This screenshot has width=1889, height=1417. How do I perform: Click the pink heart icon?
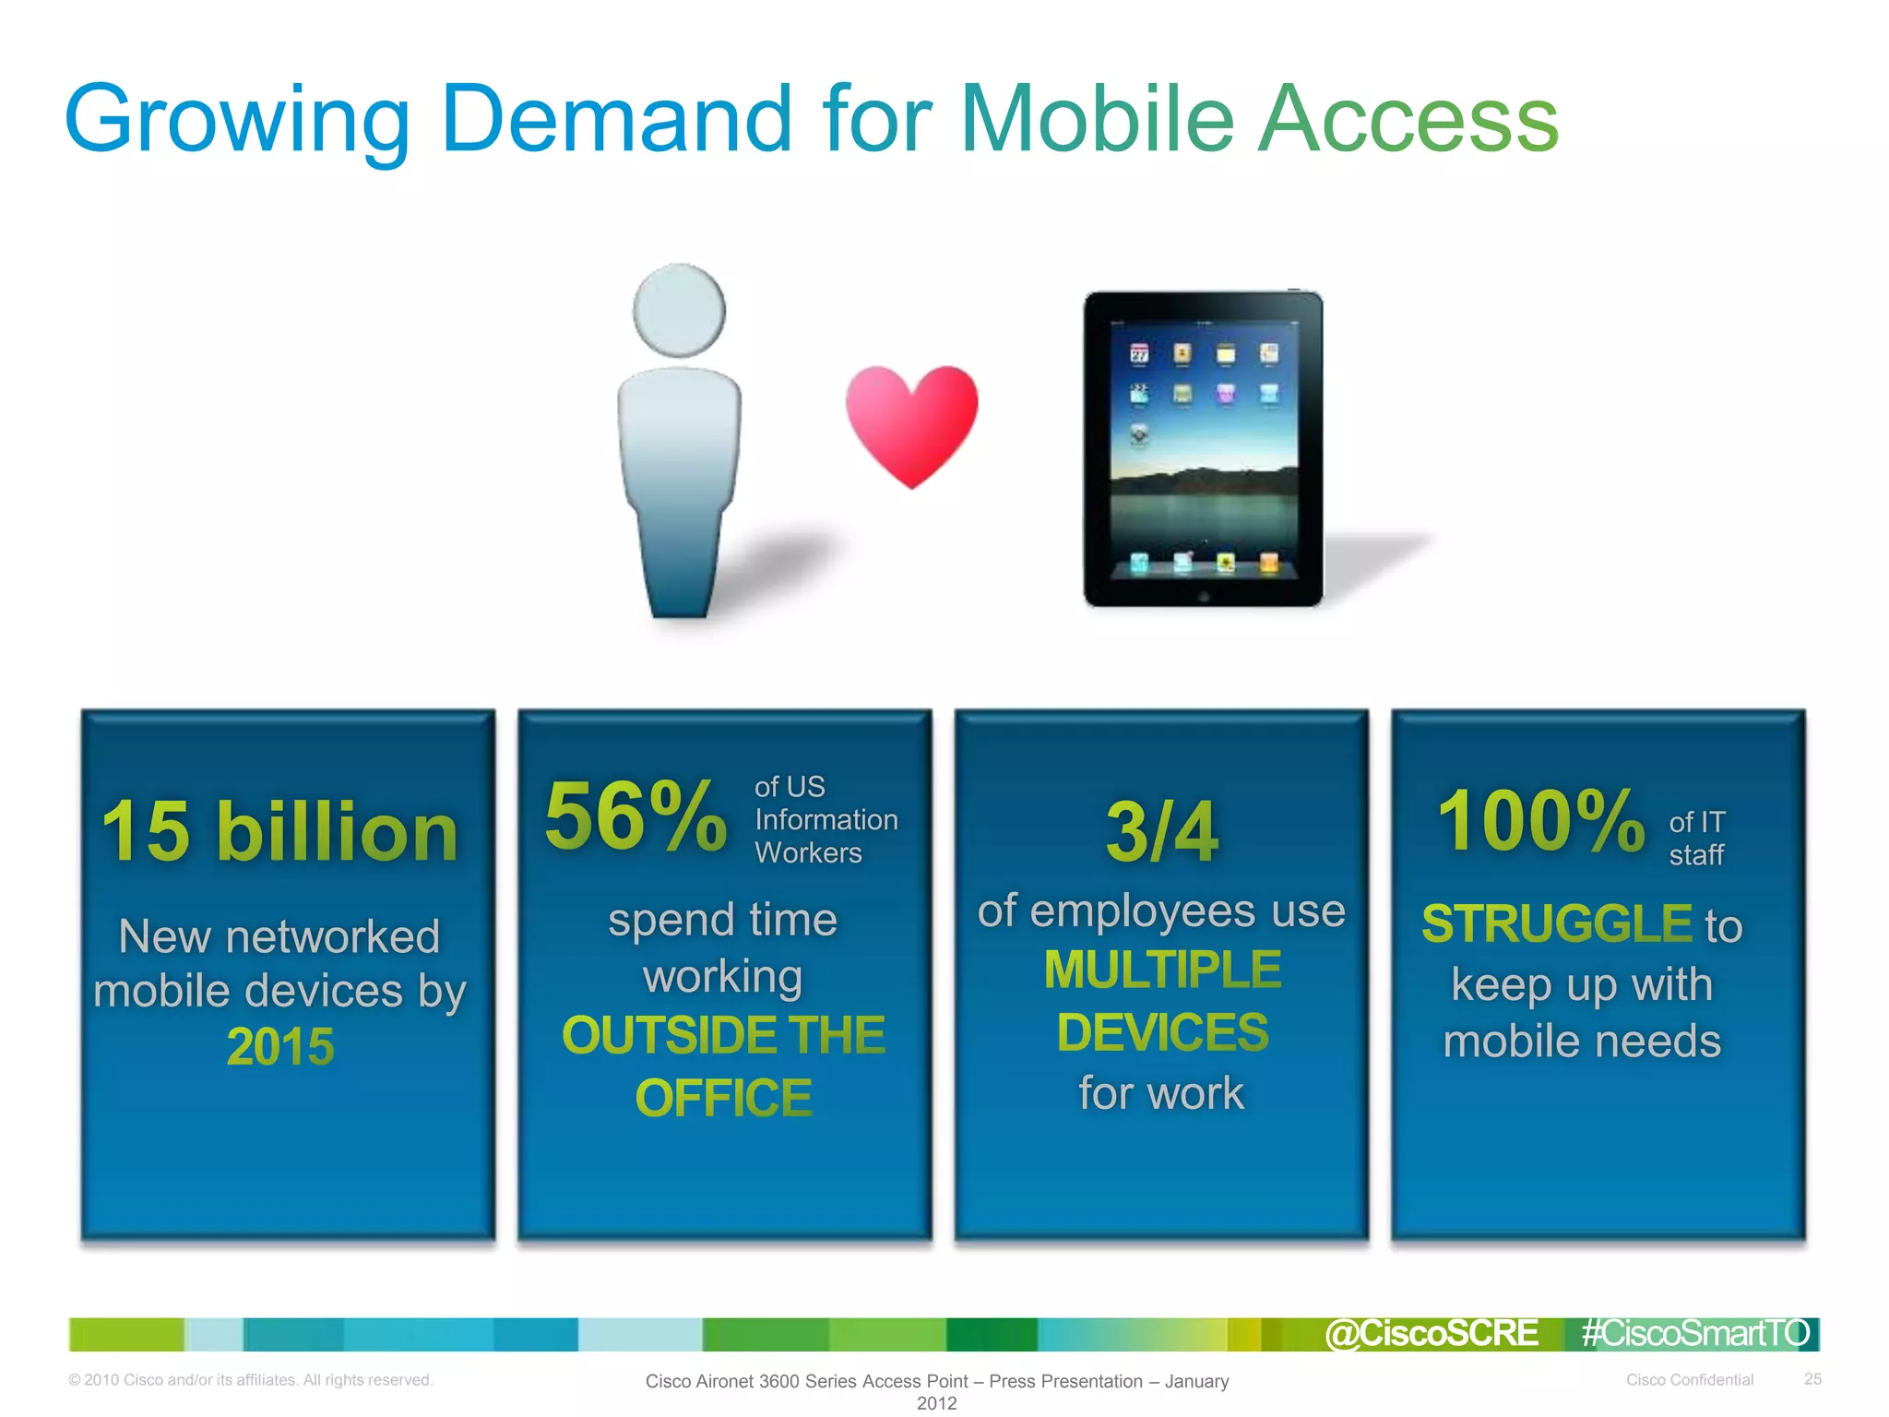coord(911,423)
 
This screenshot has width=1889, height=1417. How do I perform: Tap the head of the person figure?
coord(680,310)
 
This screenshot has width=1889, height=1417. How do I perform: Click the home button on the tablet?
coord(1204,597)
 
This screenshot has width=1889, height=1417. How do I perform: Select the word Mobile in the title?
coord(1098,119)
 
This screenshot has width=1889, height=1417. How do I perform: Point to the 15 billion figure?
coord(279,831)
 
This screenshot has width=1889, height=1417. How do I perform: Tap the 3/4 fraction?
coord(1162,831)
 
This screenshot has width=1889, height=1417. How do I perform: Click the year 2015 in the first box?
coord(280,1047)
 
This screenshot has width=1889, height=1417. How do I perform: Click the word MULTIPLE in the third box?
coord(1162,970)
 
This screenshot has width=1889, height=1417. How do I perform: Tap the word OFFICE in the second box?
coord(723,1098)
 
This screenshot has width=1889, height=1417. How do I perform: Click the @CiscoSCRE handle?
coord(1432,1334)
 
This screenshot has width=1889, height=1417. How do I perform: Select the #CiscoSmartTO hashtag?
coord(1695,1334)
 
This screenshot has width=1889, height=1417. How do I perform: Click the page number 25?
coord(1812,1379)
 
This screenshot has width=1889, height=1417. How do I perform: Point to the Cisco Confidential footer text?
coord(1689,1380)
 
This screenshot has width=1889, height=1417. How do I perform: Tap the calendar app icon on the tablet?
coord(1140,354)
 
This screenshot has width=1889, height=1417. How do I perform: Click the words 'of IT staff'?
coord(1696,838)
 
